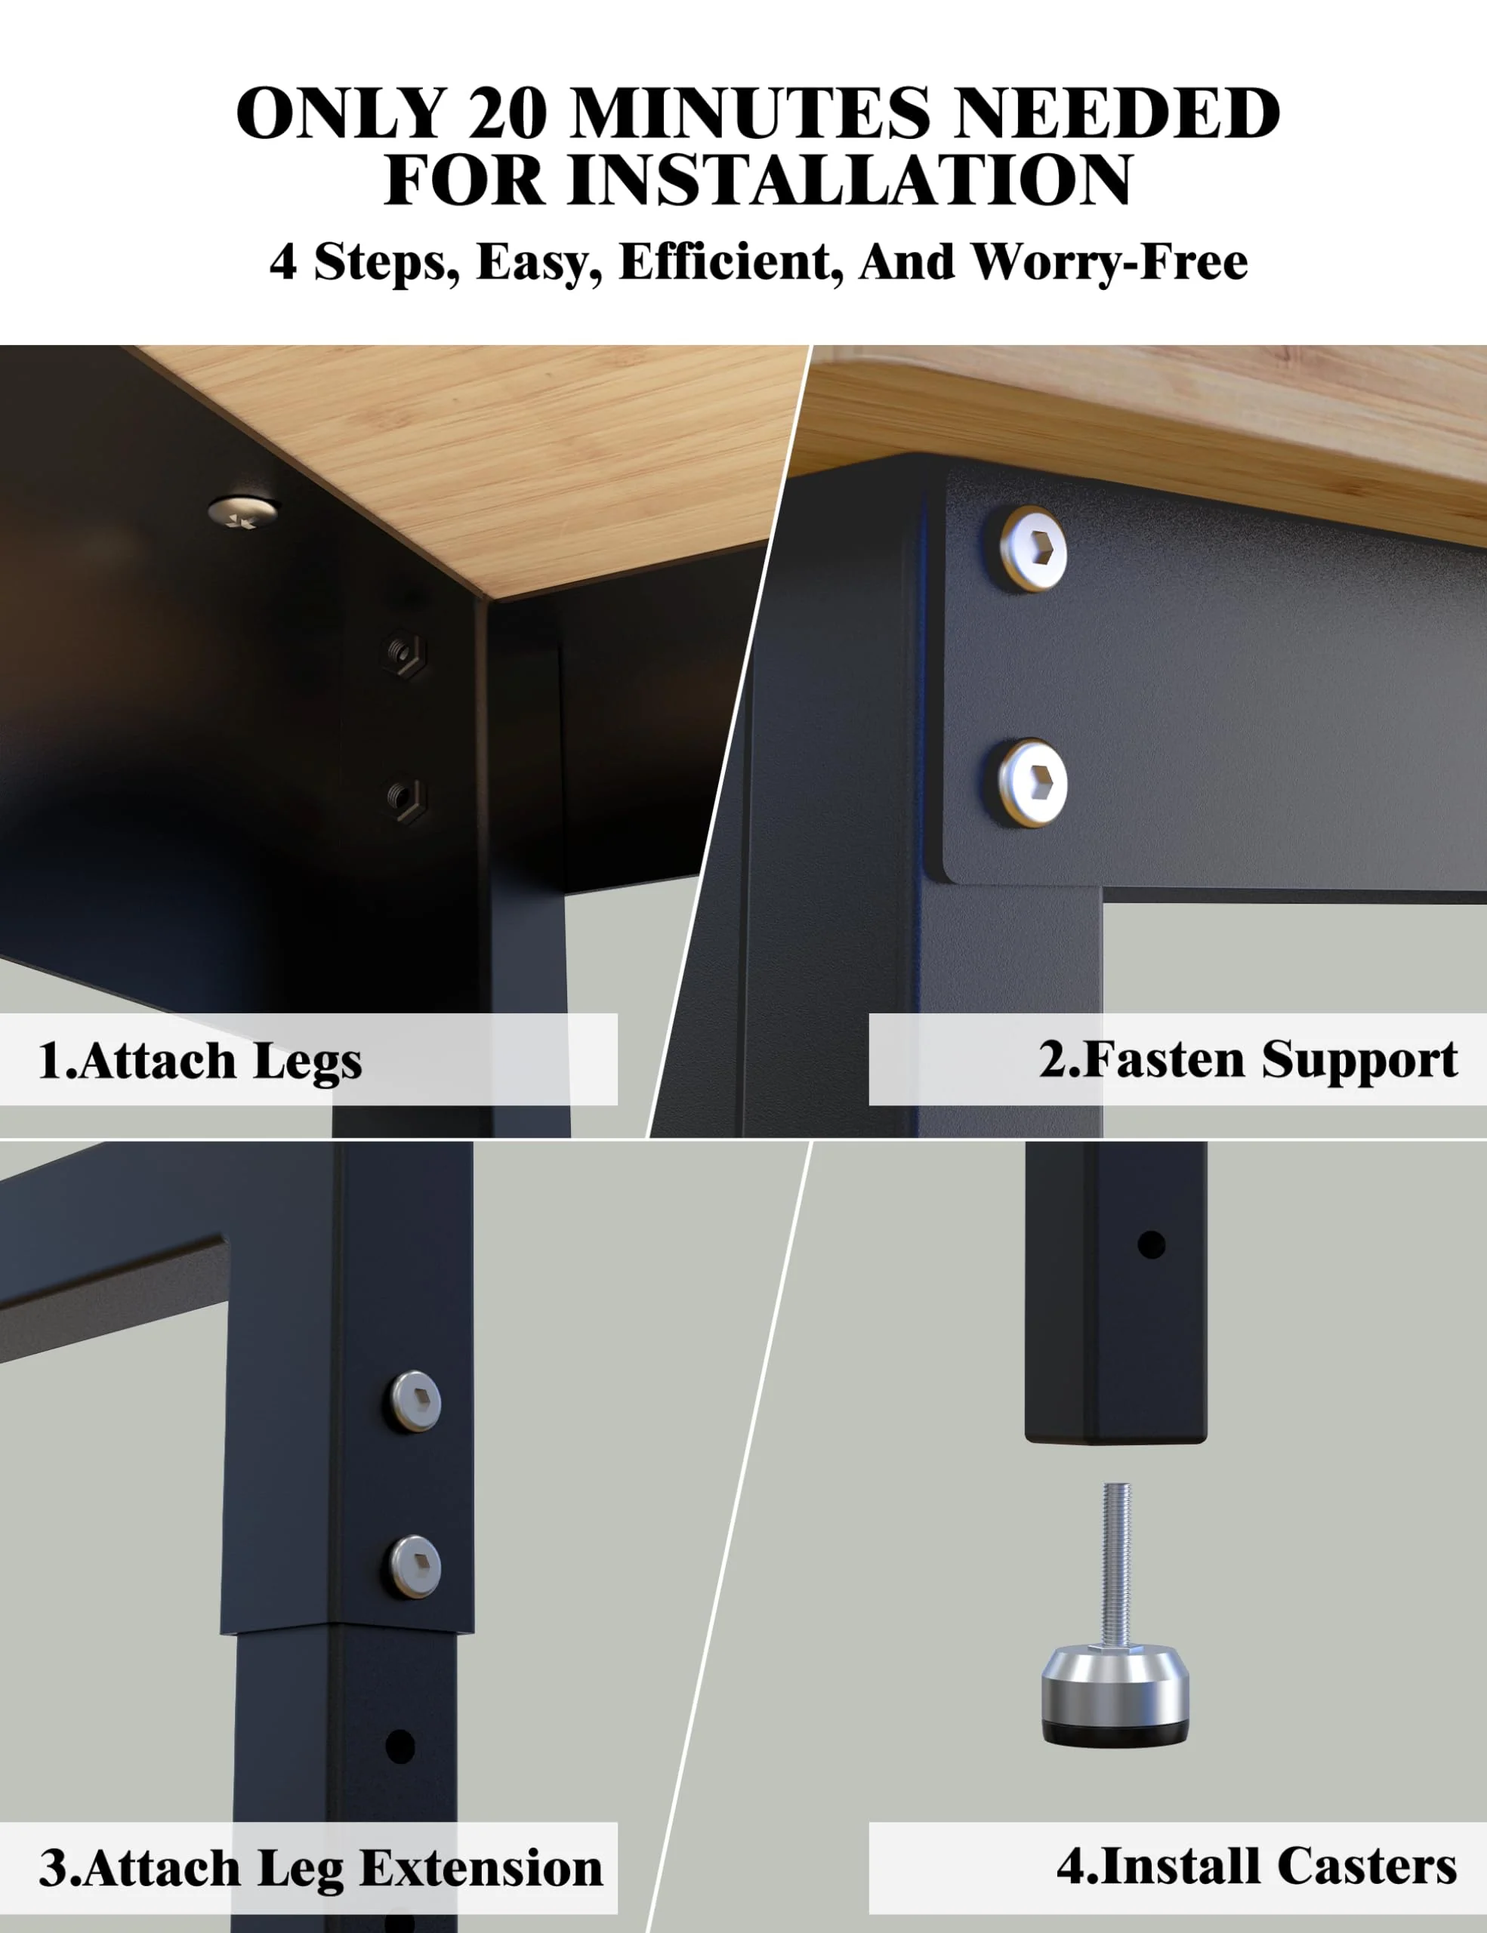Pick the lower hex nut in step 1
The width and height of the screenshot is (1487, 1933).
(x=406, y=799)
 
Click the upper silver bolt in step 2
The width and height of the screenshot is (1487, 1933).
(x=1033, y=549)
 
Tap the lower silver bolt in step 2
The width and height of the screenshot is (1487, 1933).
(x=1033, y=783)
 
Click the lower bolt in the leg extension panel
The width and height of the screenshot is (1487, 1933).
(x=416, y=1567)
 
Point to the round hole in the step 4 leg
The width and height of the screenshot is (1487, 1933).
(x=1151, y=1245)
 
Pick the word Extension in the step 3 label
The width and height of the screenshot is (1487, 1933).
(x=482, y=1870)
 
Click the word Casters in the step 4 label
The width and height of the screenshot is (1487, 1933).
(x=1367, y=1867)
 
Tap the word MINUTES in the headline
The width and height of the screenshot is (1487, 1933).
(x=751, y=113)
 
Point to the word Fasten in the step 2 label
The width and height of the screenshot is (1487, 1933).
(x=1163, y=1059)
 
